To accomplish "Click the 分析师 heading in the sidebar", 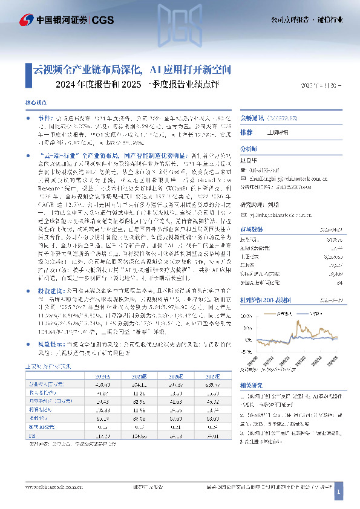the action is [x=249, y=147].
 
